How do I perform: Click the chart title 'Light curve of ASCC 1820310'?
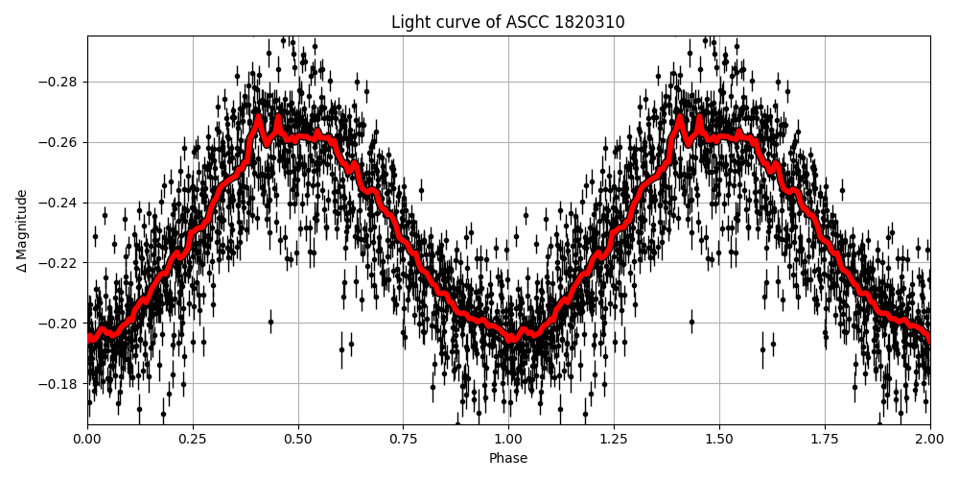(x=507, y=22)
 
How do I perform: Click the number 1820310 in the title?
(x=591, y=22)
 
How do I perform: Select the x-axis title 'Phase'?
(x=507, y=459)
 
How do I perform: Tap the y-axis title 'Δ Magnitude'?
(x=21, y=230)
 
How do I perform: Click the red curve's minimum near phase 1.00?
(x=511, y=339)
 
